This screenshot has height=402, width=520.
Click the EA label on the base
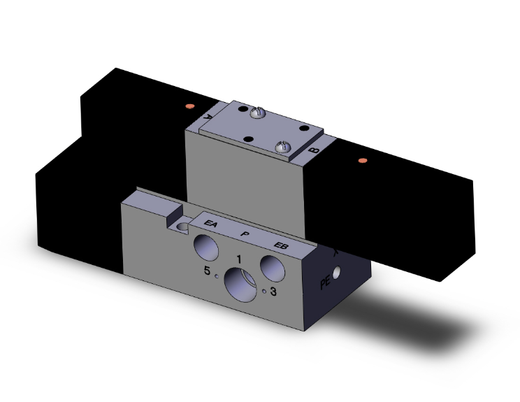210,224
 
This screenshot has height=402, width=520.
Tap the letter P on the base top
244,234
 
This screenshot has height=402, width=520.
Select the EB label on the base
281,245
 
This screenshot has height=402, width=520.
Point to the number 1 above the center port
239,259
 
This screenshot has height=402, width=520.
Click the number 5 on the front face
207,271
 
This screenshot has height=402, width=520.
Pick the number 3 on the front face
274,293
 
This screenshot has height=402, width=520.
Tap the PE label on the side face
324,283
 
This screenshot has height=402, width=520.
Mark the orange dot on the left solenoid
189,106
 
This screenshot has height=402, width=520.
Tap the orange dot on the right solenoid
361,161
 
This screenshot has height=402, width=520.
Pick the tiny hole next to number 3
263,292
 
